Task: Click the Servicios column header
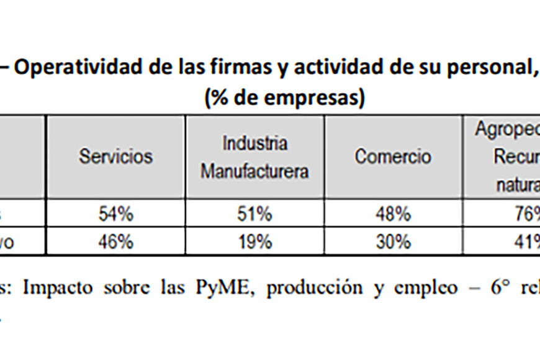point(115,156)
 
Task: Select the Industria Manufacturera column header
point(254,156)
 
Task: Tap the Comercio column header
point(393,156)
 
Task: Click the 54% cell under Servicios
point(115,214)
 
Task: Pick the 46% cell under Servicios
point(115,241)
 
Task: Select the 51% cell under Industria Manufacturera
point(254,214)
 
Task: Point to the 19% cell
point(254,241)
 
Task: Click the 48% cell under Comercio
point(393,214)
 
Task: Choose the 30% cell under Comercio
point(393,241)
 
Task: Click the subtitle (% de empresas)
point(284,98)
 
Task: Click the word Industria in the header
point(254,143)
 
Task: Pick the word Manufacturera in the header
point(254,171)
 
